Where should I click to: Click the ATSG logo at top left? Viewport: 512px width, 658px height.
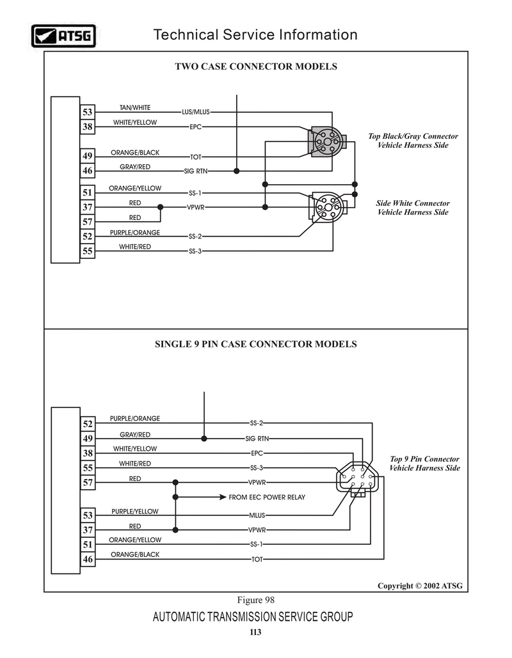[x=63, y=36]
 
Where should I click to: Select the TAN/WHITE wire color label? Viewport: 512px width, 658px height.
[x=135, y=107]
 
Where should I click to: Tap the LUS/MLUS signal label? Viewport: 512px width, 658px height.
[x=195, y=112]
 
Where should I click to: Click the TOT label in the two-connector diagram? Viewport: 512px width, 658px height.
[x=196, y=157]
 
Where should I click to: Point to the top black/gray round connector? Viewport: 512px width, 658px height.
[x=328, y=141]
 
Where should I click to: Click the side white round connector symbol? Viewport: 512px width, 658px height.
[x=328, y=207]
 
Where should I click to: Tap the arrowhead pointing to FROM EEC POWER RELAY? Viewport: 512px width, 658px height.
[x=223, y=497]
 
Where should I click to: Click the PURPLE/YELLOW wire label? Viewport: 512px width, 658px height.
[x=135, y=512]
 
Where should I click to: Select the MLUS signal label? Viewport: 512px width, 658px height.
[x=257, y=515]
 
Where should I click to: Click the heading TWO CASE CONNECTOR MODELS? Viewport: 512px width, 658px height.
[x=256, y=67]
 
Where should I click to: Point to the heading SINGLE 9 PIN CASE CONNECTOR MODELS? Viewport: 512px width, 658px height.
[x=256, y=344]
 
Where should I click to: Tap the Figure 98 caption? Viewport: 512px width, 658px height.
[x=256, y=600]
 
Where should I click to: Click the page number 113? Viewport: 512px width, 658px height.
[x=255, y=632]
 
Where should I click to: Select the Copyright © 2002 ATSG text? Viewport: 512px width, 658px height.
[x=420, y=586]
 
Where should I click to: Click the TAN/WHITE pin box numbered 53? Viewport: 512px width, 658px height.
[x=88, y=112]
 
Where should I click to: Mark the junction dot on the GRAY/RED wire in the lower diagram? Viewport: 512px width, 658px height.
[x=204, y=439]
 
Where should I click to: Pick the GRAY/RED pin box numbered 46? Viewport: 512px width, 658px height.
[x=88, y=171]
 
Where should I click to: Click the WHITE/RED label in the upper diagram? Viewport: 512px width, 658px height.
[x=135, y=247]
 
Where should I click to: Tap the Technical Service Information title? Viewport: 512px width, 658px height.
[x=255, y=35]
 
